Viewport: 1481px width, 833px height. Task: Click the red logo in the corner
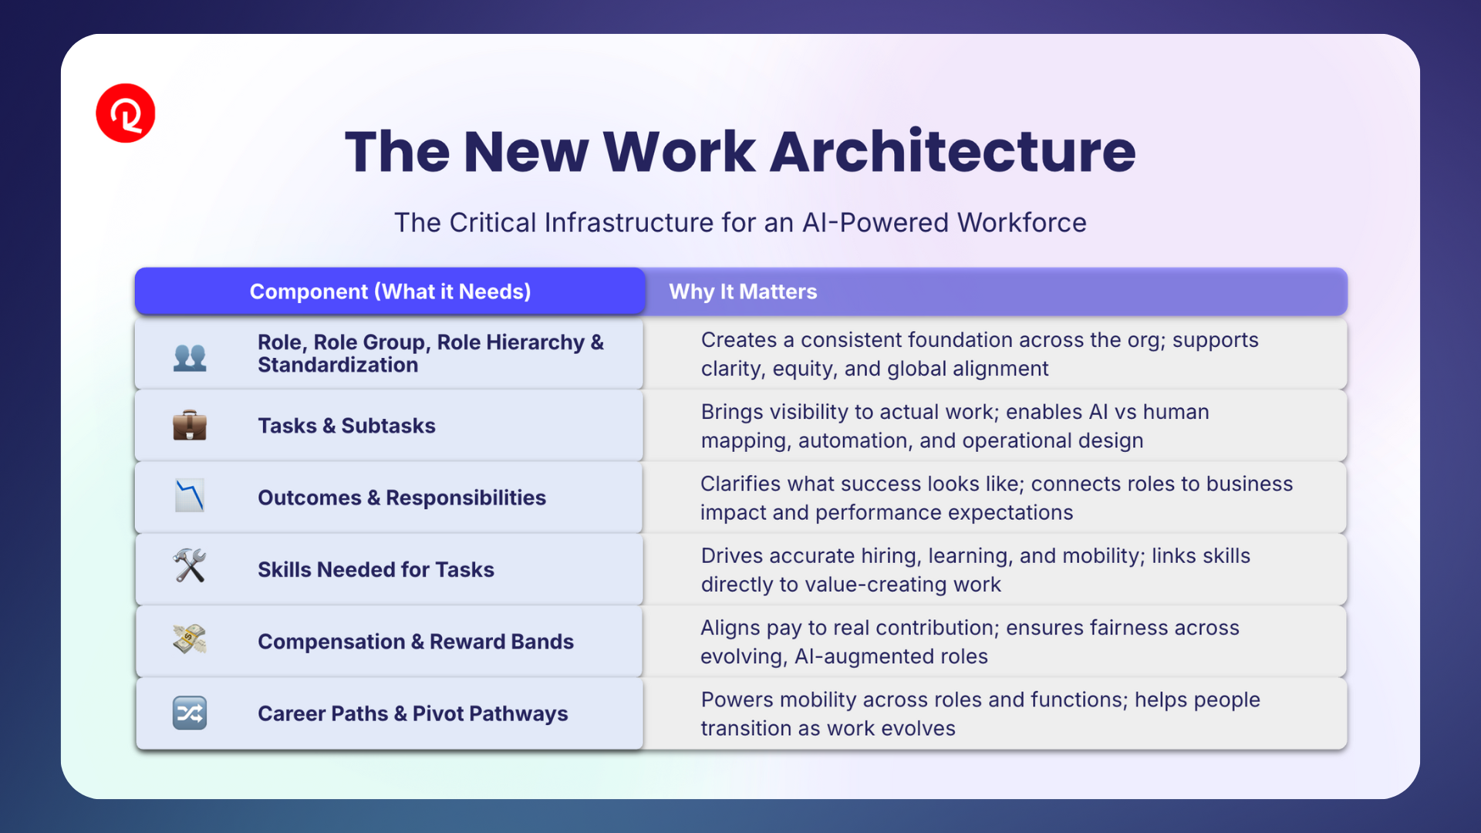click(x=126, y=113)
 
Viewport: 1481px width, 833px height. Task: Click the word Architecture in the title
click(x=953, y=151)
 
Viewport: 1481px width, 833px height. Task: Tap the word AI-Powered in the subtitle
click(x=876, y=223)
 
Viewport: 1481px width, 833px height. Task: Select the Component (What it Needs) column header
click(x=390, y=292)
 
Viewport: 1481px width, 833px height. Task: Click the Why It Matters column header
click(x=743, y=292)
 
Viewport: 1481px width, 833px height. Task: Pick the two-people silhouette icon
click(x=190, y=357)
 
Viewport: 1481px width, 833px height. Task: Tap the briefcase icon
click(x=190, y=425)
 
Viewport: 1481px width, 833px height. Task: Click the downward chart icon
click(x=190, y=496)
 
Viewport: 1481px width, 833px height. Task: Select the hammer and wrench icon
click(x=190, y=565)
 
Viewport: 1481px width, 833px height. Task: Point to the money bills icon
click(x=190, y=639)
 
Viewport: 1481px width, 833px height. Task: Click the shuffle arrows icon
click(x=190, y=713)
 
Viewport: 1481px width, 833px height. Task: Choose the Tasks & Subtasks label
click(x=346, y=426)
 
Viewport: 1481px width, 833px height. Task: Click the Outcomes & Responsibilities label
click(x=402, y=497)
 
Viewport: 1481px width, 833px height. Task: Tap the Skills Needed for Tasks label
click(x=376, y=569)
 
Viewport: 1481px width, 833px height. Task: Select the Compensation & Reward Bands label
click(x=416, y=642)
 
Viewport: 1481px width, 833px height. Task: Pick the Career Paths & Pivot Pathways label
click(x=413, y=713)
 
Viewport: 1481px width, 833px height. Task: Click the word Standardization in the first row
click(x=338, y=365)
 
